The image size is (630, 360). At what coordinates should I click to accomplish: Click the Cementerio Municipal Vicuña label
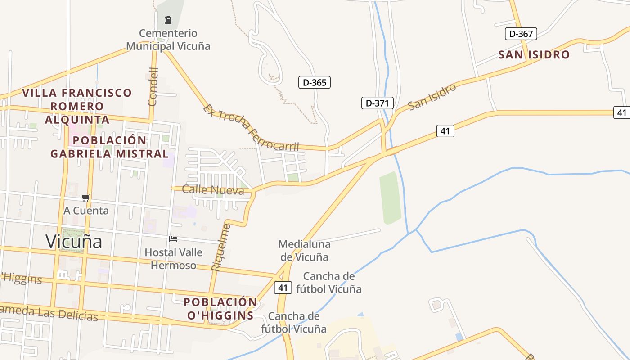click(168, 40)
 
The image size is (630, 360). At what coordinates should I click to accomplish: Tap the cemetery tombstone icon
click(168, 20)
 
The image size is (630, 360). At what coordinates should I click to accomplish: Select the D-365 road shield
click(315, 82)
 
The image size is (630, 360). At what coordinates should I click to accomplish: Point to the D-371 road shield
click(378, 103)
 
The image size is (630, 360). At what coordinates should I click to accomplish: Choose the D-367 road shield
click(521, 34)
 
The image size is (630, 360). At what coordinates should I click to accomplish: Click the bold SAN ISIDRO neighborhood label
click(534, 55)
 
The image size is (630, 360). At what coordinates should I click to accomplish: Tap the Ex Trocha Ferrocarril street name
click(251, 128)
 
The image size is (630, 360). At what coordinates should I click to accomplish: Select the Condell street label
click(153, 86)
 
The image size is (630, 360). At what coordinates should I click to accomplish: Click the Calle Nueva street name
click(213, 189)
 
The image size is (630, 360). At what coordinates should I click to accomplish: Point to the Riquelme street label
click(220, 247)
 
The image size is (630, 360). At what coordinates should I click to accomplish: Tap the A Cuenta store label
click(86, 211)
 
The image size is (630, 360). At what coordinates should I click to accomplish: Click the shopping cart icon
click(86, 198)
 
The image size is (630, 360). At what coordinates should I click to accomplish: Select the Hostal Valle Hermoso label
click(173, 259)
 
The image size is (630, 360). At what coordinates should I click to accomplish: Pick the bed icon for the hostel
click(173, 238)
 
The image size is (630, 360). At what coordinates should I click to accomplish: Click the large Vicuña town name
click(74, 242)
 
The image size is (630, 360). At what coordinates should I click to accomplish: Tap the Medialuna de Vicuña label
click(304, 251)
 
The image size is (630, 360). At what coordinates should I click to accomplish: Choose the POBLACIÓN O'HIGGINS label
click(220, 309)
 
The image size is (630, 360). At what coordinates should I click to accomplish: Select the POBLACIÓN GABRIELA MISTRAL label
click(109, 147)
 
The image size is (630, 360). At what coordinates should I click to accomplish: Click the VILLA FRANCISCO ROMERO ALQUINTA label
click(77, 106)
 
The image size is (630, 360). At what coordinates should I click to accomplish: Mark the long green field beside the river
click(390, 198)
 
